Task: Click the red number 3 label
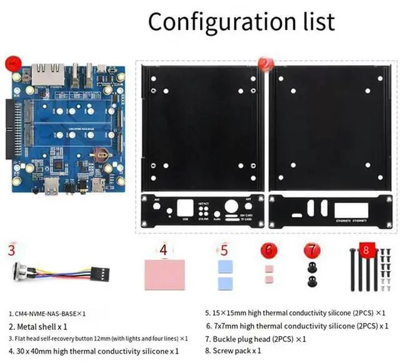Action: (11, 250)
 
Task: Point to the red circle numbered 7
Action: (311, 250)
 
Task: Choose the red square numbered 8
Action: (366, 250)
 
